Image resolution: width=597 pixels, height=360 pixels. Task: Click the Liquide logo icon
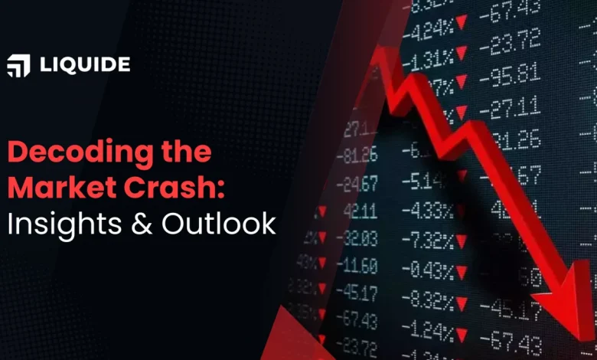[x=18, y=67]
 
